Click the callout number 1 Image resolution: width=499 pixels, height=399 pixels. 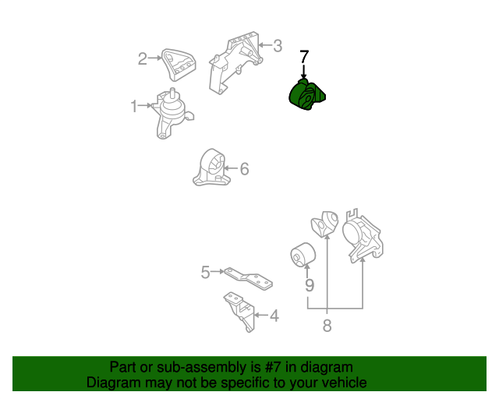[x=134, y=106]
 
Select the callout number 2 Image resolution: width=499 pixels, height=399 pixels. [x=142, y=58]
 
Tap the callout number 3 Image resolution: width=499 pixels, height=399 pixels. [x=278, y=46]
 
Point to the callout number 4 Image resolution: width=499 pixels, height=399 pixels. [x=274, y=316]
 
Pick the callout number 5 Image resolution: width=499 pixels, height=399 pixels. [x=205, y=272]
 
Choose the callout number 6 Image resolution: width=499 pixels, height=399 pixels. [x=244, y=168]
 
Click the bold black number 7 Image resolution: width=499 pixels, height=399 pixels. [x=304, y=57]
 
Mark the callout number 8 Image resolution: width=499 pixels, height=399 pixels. [x=327, y=326]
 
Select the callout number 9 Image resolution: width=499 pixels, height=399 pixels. [x=310, y=285]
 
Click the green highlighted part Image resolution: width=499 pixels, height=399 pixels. [x=306, y=95]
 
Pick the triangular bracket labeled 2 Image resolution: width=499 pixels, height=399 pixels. [x=179, y=65]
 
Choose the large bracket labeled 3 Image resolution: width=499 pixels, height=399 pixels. [x=235, y=62]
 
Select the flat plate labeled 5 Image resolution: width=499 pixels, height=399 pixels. [x=249, y=278]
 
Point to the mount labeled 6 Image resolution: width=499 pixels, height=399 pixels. [x=211, y=168]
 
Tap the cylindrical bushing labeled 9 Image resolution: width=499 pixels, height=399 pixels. [x=303, y=255]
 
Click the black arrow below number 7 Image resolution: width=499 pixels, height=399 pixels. [x=304, y=71]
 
